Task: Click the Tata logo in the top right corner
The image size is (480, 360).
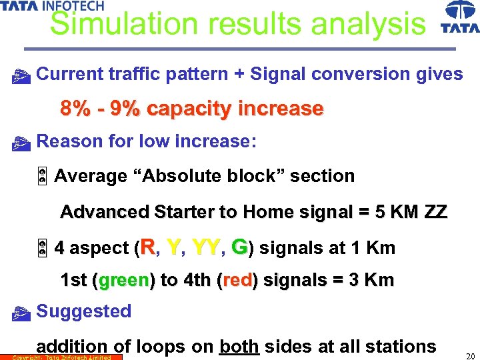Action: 459,17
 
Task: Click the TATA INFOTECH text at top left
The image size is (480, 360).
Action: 53,5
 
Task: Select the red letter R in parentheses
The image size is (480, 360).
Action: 149,247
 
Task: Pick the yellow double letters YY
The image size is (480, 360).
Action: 207,247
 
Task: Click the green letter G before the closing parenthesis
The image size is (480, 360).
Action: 239,247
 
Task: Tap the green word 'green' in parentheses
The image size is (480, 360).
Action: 126,280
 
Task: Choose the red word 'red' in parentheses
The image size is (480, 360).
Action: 237,280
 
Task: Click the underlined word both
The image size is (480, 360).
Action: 239,346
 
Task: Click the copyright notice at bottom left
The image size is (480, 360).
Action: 55,357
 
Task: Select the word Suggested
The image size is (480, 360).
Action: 84,311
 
